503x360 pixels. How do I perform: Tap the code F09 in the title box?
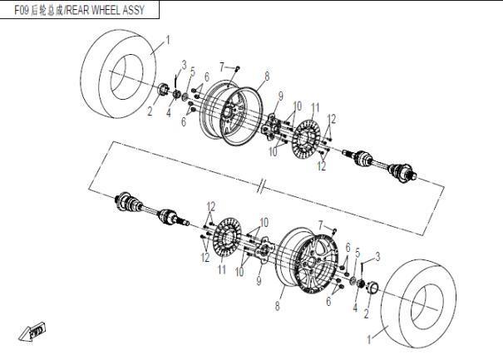coord(23,11)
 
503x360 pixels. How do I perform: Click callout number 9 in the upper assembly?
coord(281,95)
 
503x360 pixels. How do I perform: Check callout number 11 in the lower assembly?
coord(221,269)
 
